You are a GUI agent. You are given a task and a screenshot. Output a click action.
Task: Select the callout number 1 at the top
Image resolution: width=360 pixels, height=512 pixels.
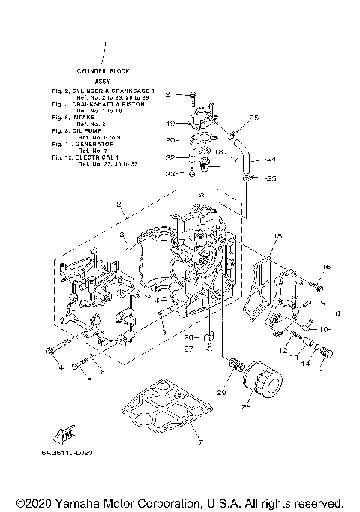[x=105, y=46]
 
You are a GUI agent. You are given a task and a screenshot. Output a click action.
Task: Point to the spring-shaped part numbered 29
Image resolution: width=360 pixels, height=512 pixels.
[x=235, y=367]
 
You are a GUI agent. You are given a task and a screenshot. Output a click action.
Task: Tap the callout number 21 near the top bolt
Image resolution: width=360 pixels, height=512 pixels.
[x=169, y=94]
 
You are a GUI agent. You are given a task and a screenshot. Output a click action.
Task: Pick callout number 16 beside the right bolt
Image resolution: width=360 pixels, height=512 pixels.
[x=326, y=267]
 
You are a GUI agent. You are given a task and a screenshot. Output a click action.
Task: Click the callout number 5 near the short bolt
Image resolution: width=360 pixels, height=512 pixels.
[x=88, y=381]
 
